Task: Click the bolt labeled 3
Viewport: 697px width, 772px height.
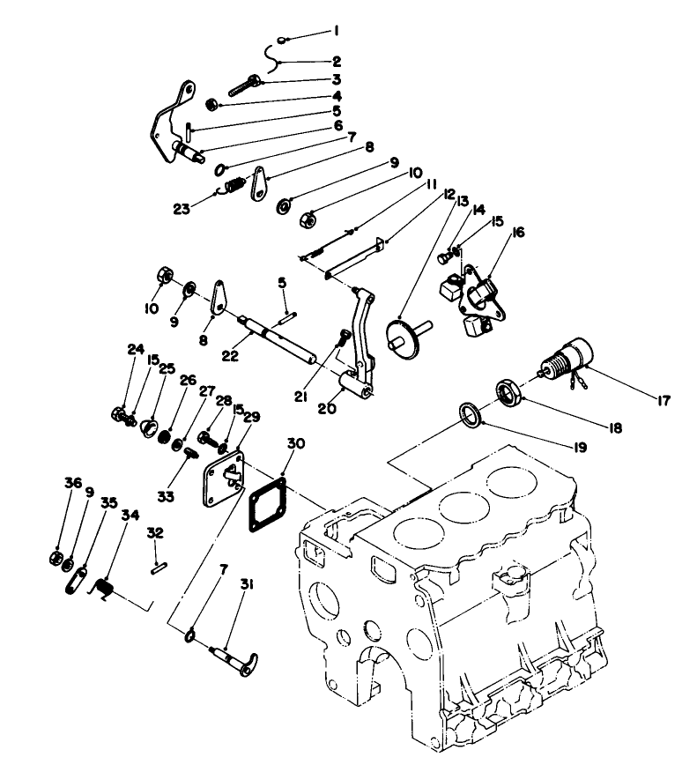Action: (243, 86)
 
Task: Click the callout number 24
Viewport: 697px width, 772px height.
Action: (135, 348)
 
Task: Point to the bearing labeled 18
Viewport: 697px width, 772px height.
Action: (508, 390)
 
